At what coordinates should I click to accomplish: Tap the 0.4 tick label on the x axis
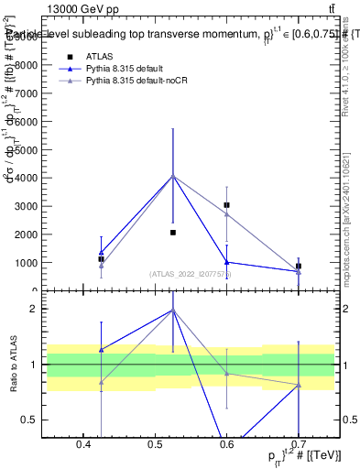click(x=82, y=444)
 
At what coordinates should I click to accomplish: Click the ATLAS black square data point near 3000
click(x=226, y=205)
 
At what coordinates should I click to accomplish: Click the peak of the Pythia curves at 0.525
click(x=173, y=176)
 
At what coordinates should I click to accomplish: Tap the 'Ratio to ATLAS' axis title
click(x=12, y=365)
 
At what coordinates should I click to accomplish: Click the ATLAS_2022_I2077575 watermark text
click(x=191, y=273)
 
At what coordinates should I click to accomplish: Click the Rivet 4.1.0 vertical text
click(x=345, y=69)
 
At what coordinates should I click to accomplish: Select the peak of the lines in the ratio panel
click(x=173, y=310)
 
